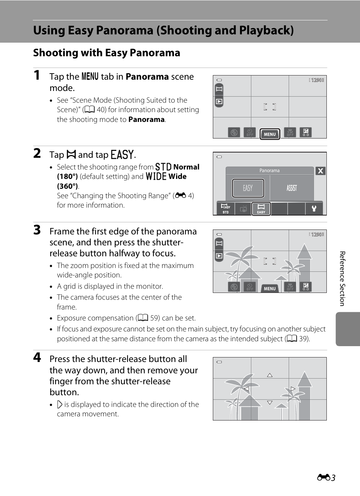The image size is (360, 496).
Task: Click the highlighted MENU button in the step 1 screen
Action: point(270,134)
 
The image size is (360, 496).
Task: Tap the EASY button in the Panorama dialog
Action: point(248,188)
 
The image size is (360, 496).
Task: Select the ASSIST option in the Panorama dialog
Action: point(292,188)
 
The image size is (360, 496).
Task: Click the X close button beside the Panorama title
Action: point(320,171)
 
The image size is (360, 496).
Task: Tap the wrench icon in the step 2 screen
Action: point(314,208)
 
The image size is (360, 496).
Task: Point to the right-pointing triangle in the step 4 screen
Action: point(293,388)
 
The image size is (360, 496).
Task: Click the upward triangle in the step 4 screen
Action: point(270,375)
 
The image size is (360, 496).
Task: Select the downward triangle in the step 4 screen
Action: point(270,403)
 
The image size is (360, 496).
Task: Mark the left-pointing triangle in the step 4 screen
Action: point(246,388)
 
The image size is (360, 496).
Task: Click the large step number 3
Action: point(37,230)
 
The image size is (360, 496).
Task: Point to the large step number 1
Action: point(37,75)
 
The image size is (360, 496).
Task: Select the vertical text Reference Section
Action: point(342,279)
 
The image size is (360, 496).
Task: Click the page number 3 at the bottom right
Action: point(333,478)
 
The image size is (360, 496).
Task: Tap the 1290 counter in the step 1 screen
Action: point(317,80)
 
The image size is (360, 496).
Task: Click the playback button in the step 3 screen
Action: point(219,256)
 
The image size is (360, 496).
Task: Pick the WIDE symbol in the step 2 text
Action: point(156,176)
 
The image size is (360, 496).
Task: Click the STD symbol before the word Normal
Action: point(163,167)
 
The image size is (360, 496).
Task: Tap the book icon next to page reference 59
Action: point(143,318)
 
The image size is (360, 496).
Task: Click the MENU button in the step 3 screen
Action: point(270,288)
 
